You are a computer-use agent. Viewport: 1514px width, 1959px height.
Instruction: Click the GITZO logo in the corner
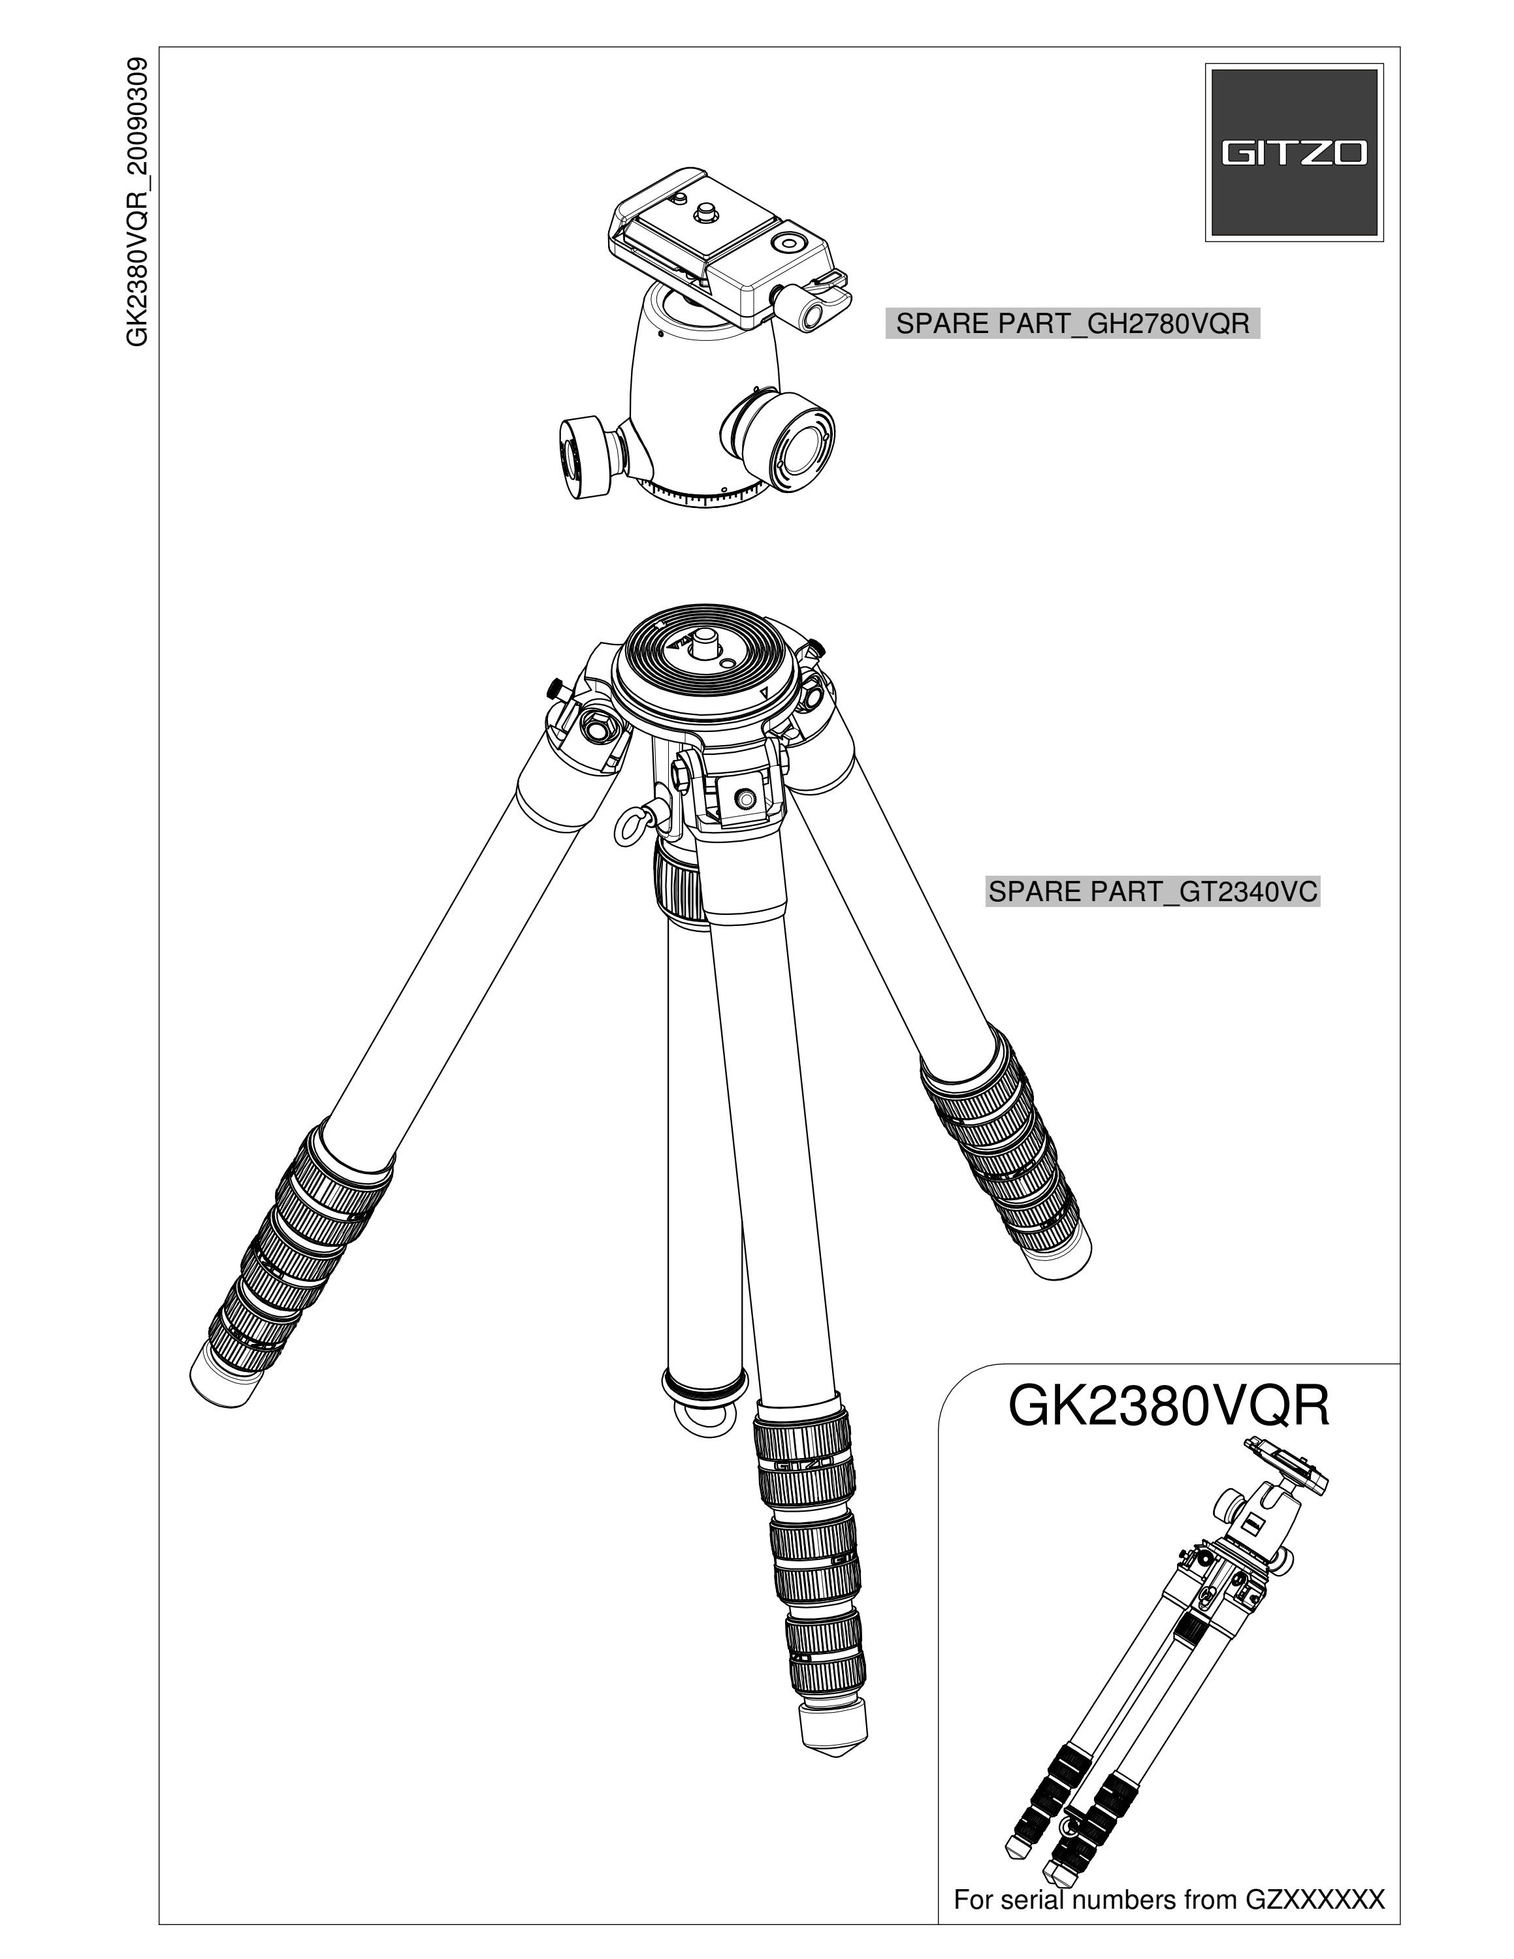1293,153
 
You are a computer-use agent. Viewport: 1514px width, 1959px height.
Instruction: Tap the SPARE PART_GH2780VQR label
1072,324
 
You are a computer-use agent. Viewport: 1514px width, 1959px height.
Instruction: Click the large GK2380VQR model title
1168,1407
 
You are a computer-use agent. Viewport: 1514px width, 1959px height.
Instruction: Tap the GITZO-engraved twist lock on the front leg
802,1464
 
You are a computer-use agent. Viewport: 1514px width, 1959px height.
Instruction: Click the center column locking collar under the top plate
679,884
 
